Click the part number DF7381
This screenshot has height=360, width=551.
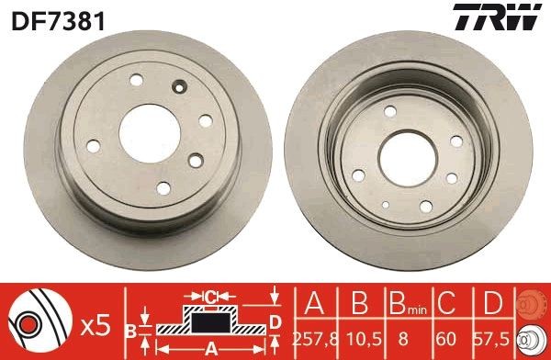tap(45, 17)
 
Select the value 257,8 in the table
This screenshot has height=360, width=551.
tap(316, 338)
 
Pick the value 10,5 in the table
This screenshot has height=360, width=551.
tap(360, 338)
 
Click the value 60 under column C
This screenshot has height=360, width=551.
tap(447, 338)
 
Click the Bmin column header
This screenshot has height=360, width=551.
tap(404, 304)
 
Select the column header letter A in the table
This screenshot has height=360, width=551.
tap(316, 302)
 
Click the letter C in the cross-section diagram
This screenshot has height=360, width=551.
tap(209, 297)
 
